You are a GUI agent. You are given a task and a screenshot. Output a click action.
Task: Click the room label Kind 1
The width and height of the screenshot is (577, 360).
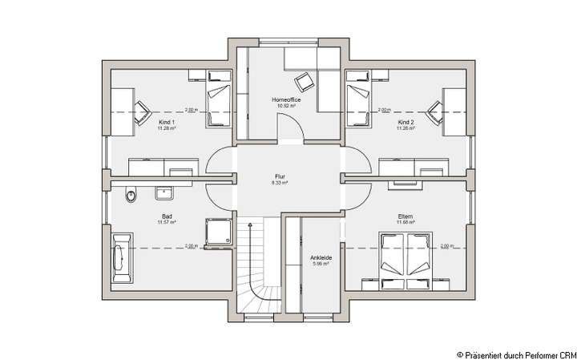(x=166, y=121)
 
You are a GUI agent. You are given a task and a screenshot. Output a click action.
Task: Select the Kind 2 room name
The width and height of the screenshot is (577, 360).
(x=406, y=121)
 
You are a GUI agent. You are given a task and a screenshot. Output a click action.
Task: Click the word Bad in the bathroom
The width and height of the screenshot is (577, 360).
(x=167, y=216)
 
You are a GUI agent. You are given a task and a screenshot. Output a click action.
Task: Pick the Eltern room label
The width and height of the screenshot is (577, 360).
(x=406, y=216)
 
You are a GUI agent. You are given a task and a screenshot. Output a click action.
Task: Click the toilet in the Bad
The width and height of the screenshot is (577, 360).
(x=131, y=194)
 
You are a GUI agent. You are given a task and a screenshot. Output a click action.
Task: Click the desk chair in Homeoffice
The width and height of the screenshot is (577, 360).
(x=304, y=80)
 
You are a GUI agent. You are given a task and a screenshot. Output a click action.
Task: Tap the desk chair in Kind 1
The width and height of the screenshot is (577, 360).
(x=142, y=111)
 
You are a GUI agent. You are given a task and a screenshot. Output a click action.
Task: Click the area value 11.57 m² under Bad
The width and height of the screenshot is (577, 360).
(x=167, y=222)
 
